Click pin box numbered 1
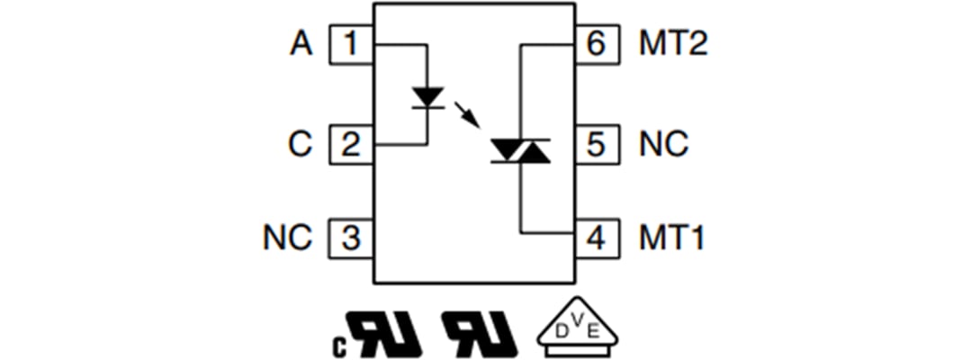coord(352,44)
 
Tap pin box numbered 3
coord(352,238)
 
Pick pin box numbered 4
coord(596,238)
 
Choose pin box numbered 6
coord(596,44)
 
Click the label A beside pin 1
coord(301,44)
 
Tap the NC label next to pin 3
coord(287,238)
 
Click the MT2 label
coord(673,44)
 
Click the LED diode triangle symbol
coord(427,96)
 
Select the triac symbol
coord(520,151)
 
